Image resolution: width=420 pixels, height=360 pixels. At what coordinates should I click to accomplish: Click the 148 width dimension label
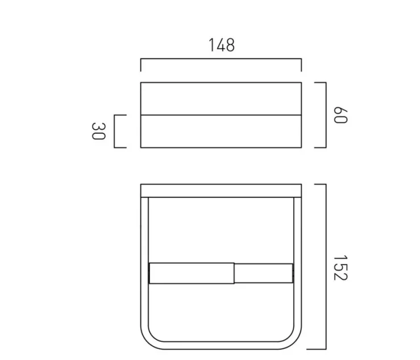(x=221, y=45)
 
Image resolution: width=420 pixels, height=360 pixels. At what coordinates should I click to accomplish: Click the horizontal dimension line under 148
(x=221, y=59)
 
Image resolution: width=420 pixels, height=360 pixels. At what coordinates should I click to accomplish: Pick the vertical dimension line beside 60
(x=325, y=114)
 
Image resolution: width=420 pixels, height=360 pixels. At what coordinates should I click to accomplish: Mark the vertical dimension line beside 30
(x=115, y=131)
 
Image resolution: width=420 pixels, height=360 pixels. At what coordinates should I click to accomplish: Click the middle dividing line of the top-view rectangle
(x=221, y=115)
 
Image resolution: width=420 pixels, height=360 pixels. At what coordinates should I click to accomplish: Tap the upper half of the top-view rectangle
(x=221, y=99)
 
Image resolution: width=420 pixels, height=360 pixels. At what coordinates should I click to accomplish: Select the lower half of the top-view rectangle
(x=221, y=131)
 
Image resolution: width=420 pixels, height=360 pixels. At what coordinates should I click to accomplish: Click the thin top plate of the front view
(x=221, y=190)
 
